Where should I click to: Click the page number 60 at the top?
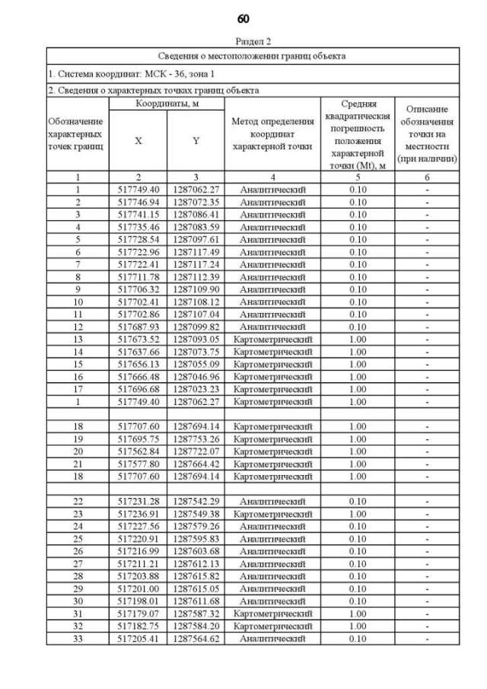[x=243, y=18]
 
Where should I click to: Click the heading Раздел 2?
[x=243, y=42]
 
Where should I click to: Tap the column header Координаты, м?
[x=167, y=102]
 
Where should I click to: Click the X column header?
[x=138, y=141]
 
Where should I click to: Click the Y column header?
[x=195, y=141]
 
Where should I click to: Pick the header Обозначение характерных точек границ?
[x=77, y=134]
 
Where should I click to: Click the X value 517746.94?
[x=138, y=202]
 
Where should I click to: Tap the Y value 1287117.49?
[x=195, y=252]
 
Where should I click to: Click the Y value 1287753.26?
[x=195, y=439]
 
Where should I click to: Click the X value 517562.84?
[x=138, y=451]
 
